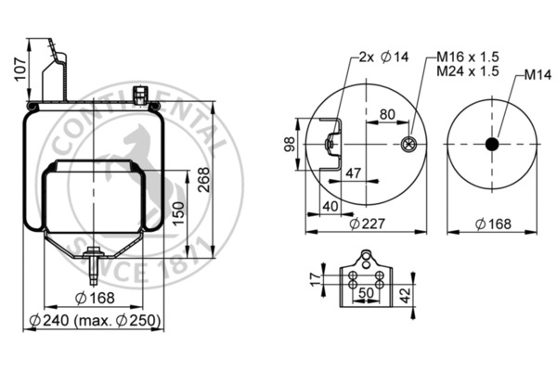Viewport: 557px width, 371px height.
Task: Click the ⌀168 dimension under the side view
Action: pos(95,298)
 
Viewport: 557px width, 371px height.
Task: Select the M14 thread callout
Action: pos(537,74)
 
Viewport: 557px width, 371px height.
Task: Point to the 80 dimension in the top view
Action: pos(386,115)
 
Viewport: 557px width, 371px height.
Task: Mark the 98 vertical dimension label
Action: pos(290,144)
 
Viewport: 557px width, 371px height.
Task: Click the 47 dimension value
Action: pos(353,173)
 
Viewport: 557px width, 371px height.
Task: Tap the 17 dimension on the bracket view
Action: pos(314,276)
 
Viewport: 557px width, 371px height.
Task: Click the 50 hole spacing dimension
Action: pos(368,292)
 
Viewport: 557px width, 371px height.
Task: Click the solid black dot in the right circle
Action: pos(491,144)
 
